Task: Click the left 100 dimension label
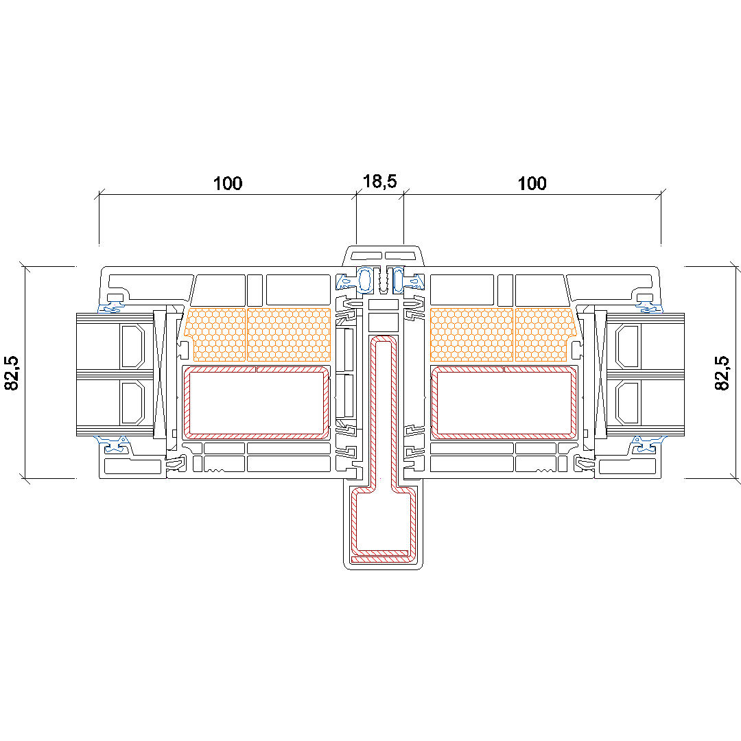[x=228, y=183]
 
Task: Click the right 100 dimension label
[x=532, y=183]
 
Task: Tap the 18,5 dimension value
[x=379, y=181]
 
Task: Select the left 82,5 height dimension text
[x=12, y=373]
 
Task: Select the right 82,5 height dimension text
[x=722, y=373]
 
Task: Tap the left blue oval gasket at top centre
[x=365, y=279]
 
